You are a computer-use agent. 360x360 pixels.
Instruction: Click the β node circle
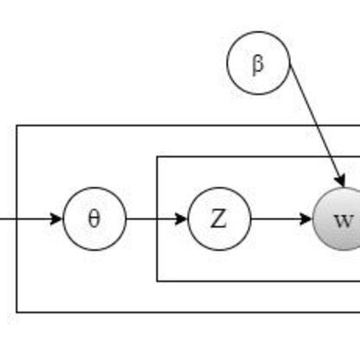tap(258, 63)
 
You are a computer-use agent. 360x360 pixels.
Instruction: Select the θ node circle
tap(94, 218)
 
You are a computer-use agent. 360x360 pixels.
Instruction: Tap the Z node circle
tap(219, 218)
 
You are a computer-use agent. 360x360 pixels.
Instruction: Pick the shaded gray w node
tap(344, 218)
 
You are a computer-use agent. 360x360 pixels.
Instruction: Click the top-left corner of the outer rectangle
tap(16, 125)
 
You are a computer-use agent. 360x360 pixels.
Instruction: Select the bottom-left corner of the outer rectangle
tap(16, 312)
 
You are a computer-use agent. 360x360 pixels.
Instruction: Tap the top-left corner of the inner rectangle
tap(157, 157)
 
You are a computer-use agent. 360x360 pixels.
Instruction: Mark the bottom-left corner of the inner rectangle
tap(157, 280)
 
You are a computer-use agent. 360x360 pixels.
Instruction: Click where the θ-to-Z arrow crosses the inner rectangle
tap(157, 218)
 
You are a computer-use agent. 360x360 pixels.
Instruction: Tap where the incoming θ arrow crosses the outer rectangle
tap(16, 218)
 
